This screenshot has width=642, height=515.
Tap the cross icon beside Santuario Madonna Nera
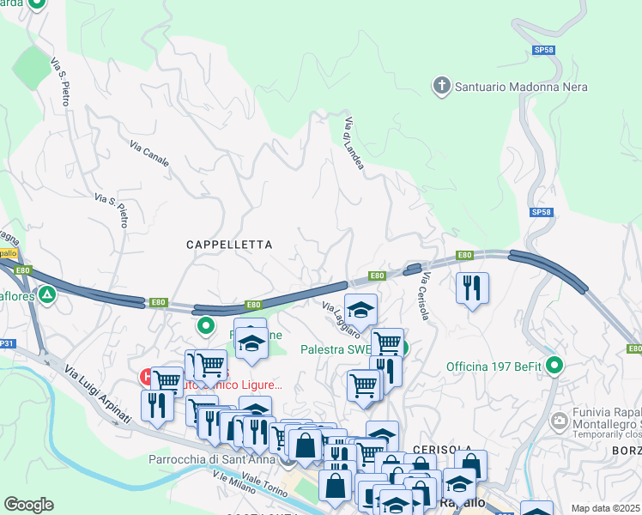(441, 86)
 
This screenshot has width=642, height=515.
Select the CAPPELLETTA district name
(229, 245)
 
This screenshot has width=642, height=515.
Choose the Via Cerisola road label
(424, 296)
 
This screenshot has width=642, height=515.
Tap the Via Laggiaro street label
(341, 318)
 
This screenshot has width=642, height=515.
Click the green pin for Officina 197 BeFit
(555, 367)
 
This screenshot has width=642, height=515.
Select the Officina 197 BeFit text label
(494, 367)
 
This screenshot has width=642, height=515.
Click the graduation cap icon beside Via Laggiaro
(361, 309)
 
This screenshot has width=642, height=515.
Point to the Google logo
(28, 505)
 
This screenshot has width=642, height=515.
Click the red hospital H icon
(147, 376)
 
